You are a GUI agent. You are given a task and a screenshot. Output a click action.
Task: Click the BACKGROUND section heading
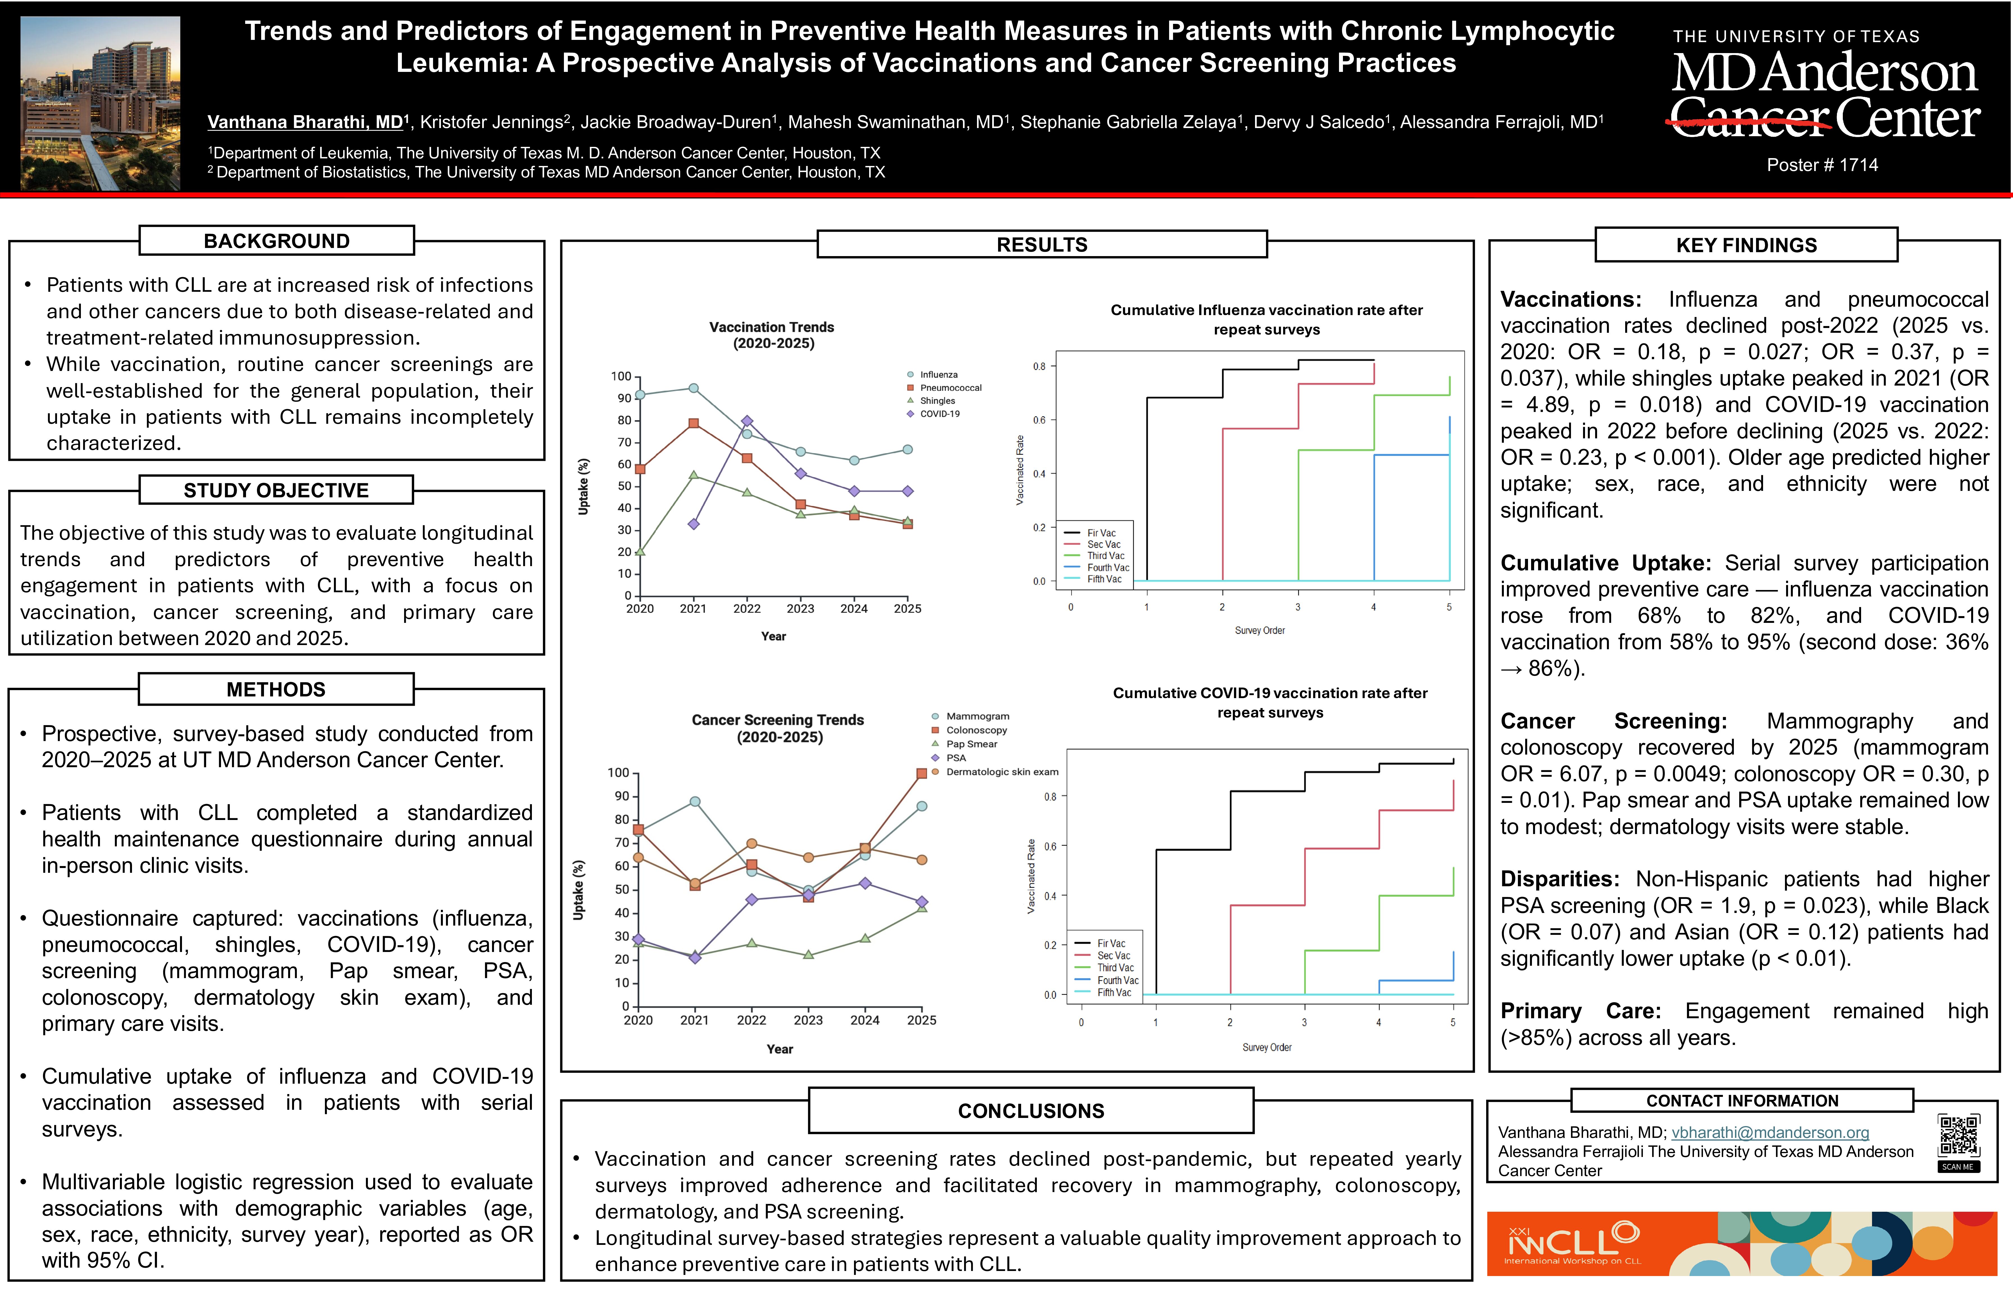(x=276, y=241)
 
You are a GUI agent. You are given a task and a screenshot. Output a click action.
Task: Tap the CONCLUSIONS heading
(x=1031, y=1111)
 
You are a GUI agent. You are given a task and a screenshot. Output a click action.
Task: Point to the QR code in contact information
(x=1959, y=1136)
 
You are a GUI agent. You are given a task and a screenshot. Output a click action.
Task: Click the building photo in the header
(x=100, y=102)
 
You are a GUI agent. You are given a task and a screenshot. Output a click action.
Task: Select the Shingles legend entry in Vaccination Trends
(x=937, y=401)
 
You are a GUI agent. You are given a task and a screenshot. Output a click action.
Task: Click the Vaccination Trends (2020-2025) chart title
(x=772, y=334)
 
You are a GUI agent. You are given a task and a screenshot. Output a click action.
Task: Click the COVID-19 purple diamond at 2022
(x=747, y=421)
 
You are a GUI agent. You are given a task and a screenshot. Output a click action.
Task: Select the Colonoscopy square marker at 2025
(x=922, y=773)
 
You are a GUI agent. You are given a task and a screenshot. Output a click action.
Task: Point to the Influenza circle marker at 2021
(x=693, y=388)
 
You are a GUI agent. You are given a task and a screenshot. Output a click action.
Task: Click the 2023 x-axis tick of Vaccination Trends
(x=800, y=608)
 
